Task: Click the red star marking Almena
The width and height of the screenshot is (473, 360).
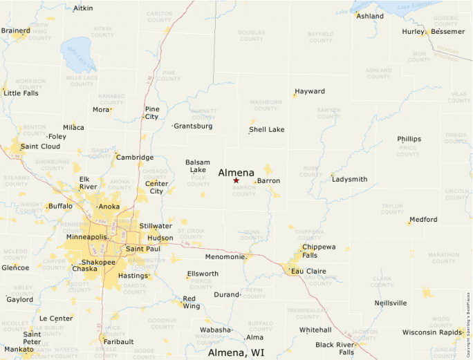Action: pos(236,180)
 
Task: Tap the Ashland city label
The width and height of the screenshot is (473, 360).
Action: pos(369,16)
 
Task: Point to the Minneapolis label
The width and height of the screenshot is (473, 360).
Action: pos(86,237)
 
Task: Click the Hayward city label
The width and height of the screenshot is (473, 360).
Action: pos(309,91)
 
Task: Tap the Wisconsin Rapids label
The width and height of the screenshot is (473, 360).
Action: pos(432,332)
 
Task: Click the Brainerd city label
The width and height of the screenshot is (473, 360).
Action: pos(15,30)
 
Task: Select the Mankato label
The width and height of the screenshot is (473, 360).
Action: pos(19,350)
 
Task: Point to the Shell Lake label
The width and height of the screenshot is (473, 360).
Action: pos(266,129)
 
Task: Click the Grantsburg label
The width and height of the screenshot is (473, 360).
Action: pos(193,126)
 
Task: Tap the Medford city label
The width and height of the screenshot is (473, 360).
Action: pos(423,220)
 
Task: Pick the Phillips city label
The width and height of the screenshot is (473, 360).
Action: pos(409,139)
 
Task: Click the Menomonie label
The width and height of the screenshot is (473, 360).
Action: pos(225,257)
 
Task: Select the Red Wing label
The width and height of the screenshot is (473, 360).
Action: pos(191,302)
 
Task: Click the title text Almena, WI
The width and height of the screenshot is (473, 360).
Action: pos(236,352)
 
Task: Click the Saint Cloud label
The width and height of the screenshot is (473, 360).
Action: pos(40,146)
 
